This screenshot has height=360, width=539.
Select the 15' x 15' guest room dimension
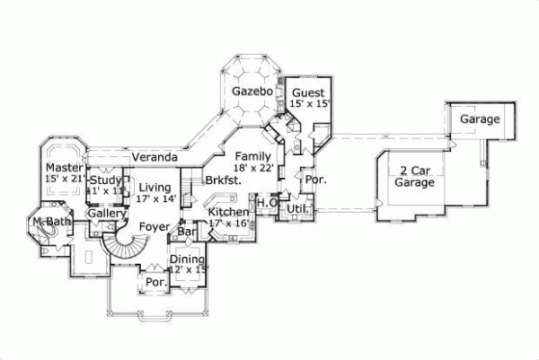pyautogui.click(x=310, y=104)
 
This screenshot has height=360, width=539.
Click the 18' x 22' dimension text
pyautogui.click(x=252, y=168)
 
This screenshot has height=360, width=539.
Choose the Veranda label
pyautogui.click(x=154, y=157)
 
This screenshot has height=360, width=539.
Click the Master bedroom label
pyautogui.click(x=64, y=168)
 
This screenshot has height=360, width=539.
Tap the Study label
pyautogui.click(x=104, y=180)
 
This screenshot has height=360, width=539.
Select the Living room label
pyautogui.click(x=155, y=188)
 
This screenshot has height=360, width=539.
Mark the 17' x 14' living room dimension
pyautogui.click(x=155, y=199)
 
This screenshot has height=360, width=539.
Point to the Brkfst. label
pyautogui.click(x=221, y=180)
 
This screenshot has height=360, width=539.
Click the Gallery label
pyautogui.click(x=106, y=214)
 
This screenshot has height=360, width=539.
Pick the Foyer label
pyautogui.click(x=155, y=227)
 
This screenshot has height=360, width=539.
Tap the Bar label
pyautogui.click(x=188, y=232)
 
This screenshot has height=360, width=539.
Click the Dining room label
pyautogui.click(x=189, y=259)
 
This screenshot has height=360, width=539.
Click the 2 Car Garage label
pyautogui.click(x=414, y=176)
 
